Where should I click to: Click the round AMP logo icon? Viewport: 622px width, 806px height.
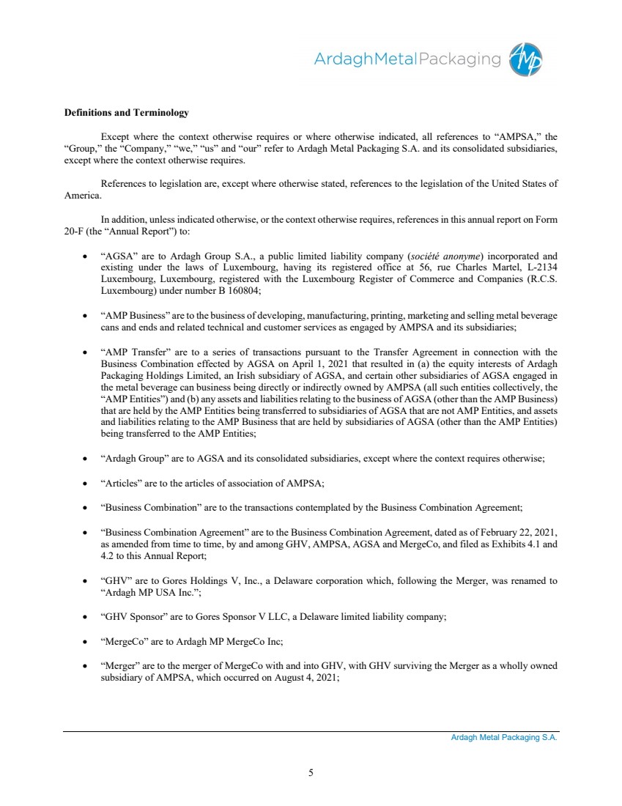(526, 58)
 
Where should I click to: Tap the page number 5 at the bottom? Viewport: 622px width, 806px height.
(311, 772)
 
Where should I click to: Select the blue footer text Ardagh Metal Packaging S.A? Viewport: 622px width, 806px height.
(504, 738)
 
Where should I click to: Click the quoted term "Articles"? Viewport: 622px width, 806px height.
(118, 483)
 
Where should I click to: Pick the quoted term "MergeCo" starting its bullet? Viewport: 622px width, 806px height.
(123, 641)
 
